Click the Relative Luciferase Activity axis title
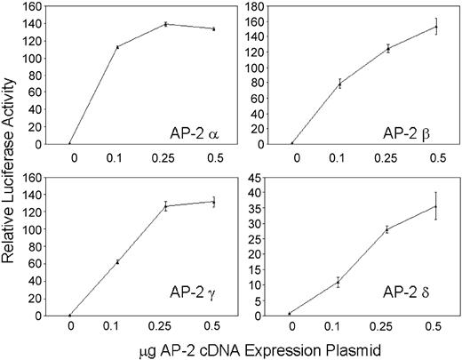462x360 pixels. click(11, 164)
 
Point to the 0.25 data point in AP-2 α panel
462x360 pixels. click(165, 24)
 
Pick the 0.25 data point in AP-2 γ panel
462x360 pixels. click(165, 206)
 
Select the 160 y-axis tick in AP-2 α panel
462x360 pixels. click(44, 7)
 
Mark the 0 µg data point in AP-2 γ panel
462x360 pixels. click(70, 315)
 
